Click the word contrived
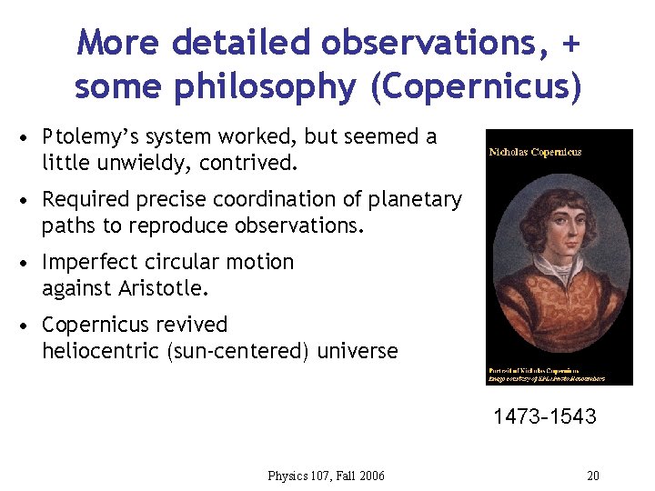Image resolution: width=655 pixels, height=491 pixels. click(250, 164)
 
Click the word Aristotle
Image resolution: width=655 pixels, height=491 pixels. click(166, 289)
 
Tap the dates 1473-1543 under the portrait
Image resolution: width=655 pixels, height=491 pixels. click(545, 417)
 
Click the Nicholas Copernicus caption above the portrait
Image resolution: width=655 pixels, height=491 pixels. click(535, 152)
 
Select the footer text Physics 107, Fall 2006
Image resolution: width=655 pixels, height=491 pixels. click(327, 476)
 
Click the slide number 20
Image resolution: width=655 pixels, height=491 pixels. click(593, 476)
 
